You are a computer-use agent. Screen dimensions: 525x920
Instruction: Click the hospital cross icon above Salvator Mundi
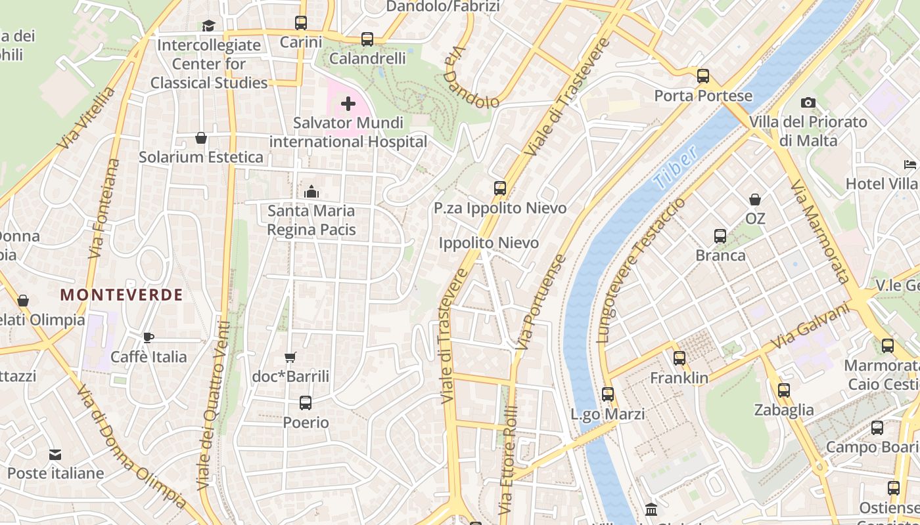click(348, 104)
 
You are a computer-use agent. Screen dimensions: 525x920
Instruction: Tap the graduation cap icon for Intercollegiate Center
click(208, 26)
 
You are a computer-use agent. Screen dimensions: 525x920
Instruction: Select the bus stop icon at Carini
click(301, 23)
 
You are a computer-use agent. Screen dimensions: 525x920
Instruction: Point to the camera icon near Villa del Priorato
click(808, 102)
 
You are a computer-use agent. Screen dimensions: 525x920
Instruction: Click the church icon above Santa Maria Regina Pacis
click(311, 192)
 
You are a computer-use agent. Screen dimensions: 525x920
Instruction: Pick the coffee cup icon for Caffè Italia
click(149, 338)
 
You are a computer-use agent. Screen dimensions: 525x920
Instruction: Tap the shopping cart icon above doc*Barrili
click(290, 358)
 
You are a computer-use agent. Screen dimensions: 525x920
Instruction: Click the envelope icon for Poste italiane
click(55, 454)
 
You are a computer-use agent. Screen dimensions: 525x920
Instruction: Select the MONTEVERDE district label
click(122, 295)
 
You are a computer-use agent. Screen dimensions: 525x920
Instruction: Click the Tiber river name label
click(675, 168)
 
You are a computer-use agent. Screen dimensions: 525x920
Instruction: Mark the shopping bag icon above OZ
click(755, 199)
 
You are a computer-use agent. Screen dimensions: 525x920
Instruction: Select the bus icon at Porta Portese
click(703, 76)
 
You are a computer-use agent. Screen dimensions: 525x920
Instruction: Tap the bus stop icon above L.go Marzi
click(608, 394)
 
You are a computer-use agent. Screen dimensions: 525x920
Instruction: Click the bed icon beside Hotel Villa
click(910, 164)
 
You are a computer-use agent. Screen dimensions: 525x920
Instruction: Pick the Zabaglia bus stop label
click(784, 410)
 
